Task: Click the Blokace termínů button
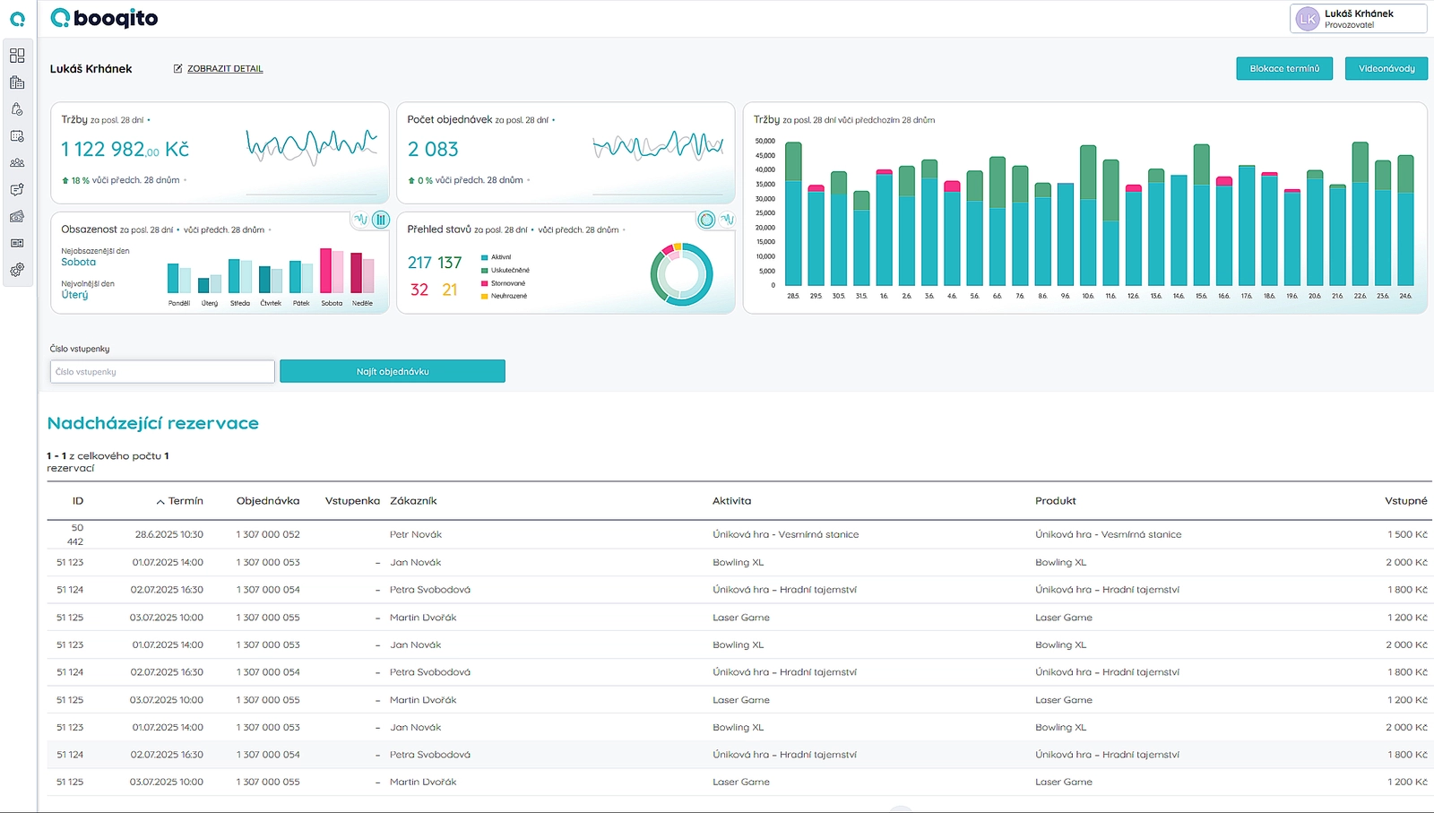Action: tap(1283, 69)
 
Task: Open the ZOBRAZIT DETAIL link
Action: tap(224, 69)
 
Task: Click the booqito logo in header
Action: tap(104, 18)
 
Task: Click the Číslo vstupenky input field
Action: tap(162, 372)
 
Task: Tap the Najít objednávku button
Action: tap(393, 372)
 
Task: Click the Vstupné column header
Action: tap(1405, 501)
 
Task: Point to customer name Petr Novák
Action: tap(415, 534)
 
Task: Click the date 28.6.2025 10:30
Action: tap(168, 534)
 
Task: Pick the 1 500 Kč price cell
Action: tap(1406, 534)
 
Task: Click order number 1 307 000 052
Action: tap(268, 534)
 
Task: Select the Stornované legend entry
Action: tap(507, 283)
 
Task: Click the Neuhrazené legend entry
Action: tap(508, 296)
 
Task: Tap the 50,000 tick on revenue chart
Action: tap(765, 141)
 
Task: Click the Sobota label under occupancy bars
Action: tap(332, 303)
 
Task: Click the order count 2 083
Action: tap(433, 150)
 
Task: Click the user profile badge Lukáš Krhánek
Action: tap(1357, 19)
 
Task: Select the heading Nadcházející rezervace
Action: tap(152, 423)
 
